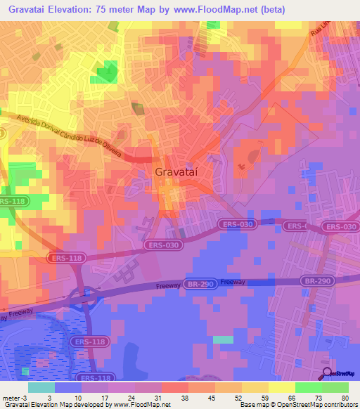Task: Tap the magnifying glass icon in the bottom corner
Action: [327, 372]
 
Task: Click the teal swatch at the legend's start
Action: [41, 387]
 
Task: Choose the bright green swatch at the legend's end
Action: [335, 387]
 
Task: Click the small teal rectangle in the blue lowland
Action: [223, 339]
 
